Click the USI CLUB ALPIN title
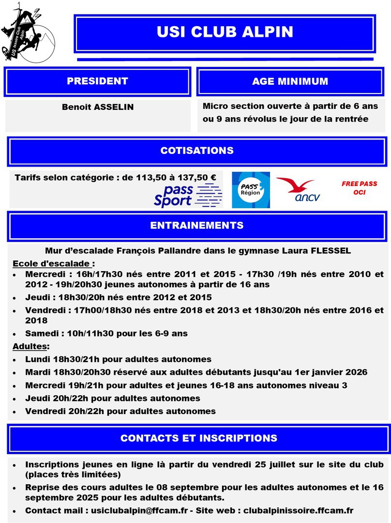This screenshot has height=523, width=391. [x=225, y=32]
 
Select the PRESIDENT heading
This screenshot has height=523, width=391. [x=97, y=81]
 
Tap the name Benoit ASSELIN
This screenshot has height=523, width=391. [x=97, y=107]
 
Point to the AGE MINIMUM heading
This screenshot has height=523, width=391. [x=290, y=81]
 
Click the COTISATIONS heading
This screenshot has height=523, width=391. [x=197, y=151]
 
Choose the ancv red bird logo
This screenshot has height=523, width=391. [x=298, y=189]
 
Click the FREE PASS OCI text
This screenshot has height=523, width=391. [x=359, y=188]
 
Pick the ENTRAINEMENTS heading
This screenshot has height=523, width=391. [x=197, y=226]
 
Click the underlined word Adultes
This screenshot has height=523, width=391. [x=30, y=346]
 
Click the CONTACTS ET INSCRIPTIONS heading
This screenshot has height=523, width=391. [x=199, y=438]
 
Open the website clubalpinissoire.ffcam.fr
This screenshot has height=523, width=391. [x=298, y=510]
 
